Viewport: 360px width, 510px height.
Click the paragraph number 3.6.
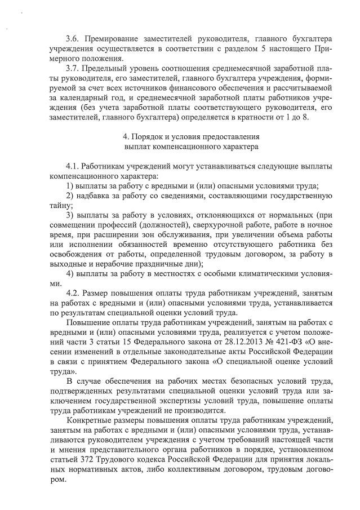(x=73, y=38)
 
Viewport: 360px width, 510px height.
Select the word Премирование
(x=109, y=38)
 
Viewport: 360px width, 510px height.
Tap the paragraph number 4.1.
(x=73, y=166)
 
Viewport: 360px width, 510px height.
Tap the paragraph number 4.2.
(x=73, y=294)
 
